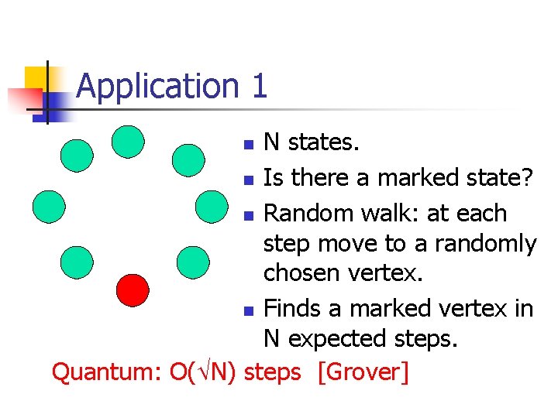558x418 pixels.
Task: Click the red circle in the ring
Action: point(132,290)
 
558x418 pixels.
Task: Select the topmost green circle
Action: point(128,141)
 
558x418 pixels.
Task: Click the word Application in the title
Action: point(158,86)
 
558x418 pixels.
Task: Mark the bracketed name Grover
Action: point(363,372)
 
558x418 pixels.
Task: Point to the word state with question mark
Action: point(496,178)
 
